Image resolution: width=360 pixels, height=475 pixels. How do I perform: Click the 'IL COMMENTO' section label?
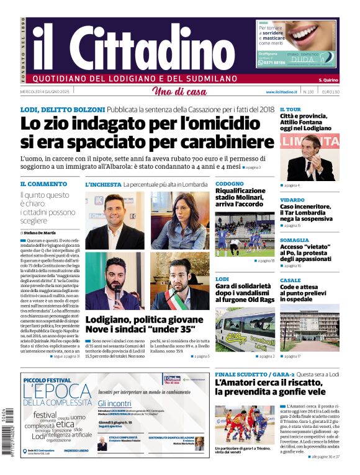click(43, 184)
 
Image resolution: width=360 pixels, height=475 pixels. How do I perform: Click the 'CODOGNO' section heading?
click(229, 184)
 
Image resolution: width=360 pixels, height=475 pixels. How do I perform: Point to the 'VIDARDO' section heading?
click(292, 200)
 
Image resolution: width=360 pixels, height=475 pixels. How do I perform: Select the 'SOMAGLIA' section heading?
click(294, 240)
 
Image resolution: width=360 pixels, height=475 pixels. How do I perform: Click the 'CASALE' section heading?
click(290, 280)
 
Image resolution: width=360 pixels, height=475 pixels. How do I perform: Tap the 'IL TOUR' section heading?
click(290, 109)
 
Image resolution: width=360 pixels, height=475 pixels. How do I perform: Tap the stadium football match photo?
click(245, 234)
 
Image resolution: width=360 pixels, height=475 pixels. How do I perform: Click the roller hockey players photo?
click(245, 424)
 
